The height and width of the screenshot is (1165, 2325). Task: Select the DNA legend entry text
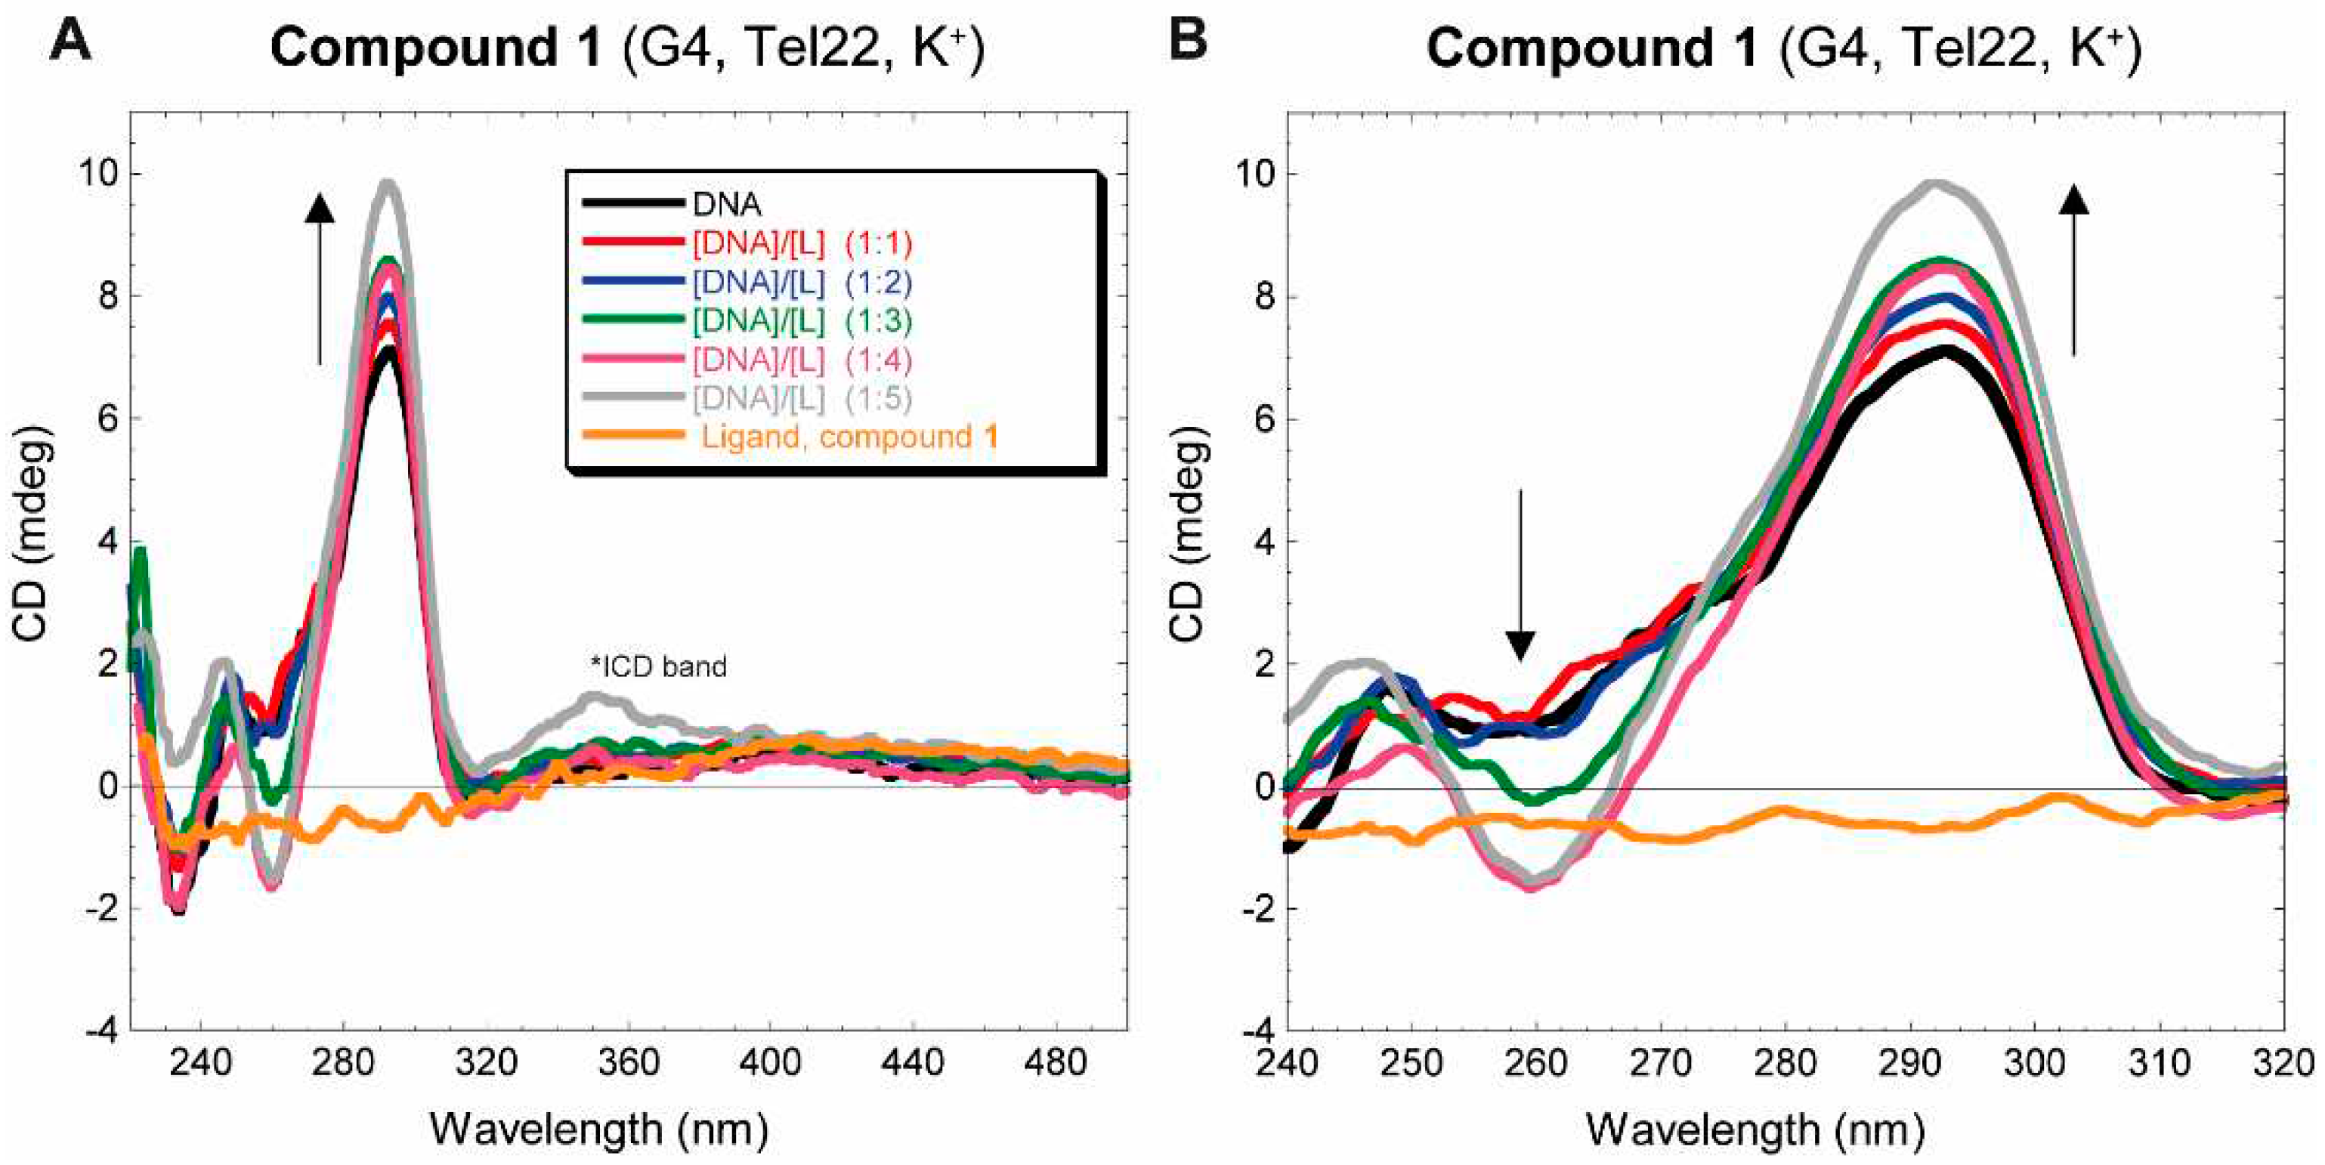coord(727,205)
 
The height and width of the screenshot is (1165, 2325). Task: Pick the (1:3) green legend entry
coord(802,320)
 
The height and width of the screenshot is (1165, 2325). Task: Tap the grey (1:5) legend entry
coord(802,397)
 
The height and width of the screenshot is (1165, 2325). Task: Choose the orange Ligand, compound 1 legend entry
coord(849,437)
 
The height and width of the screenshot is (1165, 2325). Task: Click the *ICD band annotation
coord(658,667)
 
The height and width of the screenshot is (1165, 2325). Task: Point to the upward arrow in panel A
coord(320,280)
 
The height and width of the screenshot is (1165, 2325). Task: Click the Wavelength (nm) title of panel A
coord(599,1129)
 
